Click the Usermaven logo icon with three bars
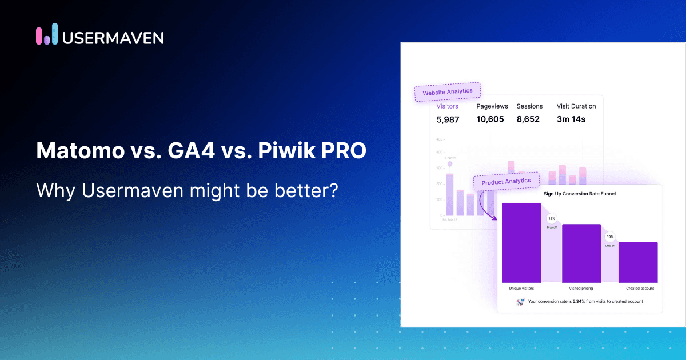click(47, 34)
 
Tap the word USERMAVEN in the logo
click(113, 37)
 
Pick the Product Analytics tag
click(506, 182)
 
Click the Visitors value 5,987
click(448, 119)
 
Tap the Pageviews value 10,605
click(490, 119)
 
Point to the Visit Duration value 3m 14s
click(571, 119)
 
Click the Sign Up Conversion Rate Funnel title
click(580, 194)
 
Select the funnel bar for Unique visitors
click(521, 242)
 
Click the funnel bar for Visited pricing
click(581, 253)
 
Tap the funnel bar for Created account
click(638, 262)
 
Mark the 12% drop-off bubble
click(552, 219)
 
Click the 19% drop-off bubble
click(610, 237)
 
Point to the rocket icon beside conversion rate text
click(520, 302)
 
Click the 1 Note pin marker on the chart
click(449, 164)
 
